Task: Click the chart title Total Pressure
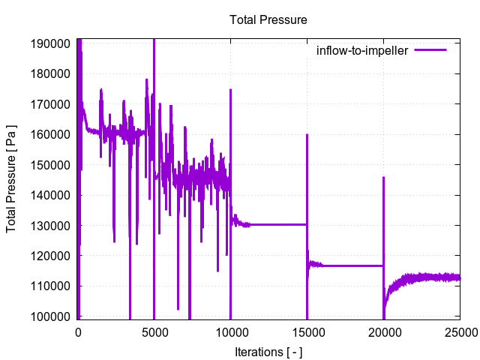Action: (x=268, y=19)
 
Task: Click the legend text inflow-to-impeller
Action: (x=361, y=51)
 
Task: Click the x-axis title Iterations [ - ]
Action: (x=268, y=352)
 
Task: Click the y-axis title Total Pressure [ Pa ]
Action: (x=12, y=180)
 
